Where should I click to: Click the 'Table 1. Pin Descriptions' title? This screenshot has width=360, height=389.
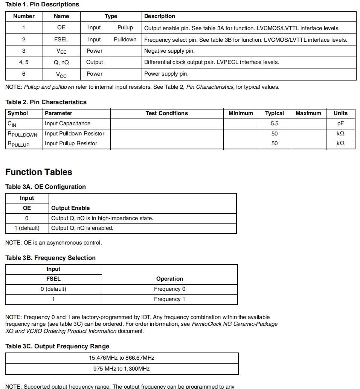(x=42, y=5)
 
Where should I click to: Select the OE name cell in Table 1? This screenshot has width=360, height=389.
(x=61, y=28)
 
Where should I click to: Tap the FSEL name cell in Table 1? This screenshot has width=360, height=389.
(x=61, y=40)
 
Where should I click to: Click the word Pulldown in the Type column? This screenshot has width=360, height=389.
(x=125, y=40)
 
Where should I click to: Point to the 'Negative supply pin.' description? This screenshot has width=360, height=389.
(x=169, y=51)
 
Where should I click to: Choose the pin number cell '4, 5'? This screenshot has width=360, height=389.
(x=24, y=62)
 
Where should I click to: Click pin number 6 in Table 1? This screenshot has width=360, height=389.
(x=24, y=74)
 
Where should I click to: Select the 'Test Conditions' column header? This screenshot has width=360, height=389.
(x=166, y=113)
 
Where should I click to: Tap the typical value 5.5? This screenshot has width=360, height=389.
(x=275, y=123)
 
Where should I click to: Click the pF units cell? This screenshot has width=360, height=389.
(x=340, y=123)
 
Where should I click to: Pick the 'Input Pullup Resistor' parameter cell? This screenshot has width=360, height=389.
(x=71, y=143)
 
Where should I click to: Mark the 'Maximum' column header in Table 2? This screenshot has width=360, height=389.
(x=308, y=113)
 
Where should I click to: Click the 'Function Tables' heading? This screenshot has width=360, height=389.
(x=38, y=172)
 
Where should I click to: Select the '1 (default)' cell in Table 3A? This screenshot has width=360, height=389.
(x=27, y=228)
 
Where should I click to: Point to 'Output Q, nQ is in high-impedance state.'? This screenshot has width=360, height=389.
(x=102, y=218)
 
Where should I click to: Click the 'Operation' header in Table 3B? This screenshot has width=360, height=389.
(x=169, y=279)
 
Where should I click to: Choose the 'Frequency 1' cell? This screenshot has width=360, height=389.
(x=169, y=299)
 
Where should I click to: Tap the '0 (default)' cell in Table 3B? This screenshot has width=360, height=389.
(x=53, y=289)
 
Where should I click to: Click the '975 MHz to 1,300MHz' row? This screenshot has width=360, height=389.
(x=122, y=369)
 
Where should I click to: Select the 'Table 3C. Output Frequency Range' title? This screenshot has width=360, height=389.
(x=57, y=346)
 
